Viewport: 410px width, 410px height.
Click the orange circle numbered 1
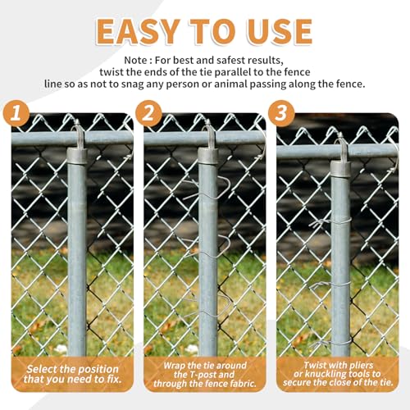tap(16, 113)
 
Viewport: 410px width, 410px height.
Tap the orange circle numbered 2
tap(148, 113)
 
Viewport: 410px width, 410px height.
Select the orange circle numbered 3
tap(281, 113)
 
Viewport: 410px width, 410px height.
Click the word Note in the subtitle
tap(134, 60)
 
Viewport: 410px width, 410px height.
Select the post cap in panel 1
tap(77, 156)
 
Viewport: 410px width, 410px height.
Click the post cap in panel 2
tap(208, 156)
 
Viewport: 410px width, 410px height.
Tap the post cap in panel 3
tap(341, 169)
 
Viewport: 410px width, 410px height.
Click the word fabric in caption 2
tap(242, 383)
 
